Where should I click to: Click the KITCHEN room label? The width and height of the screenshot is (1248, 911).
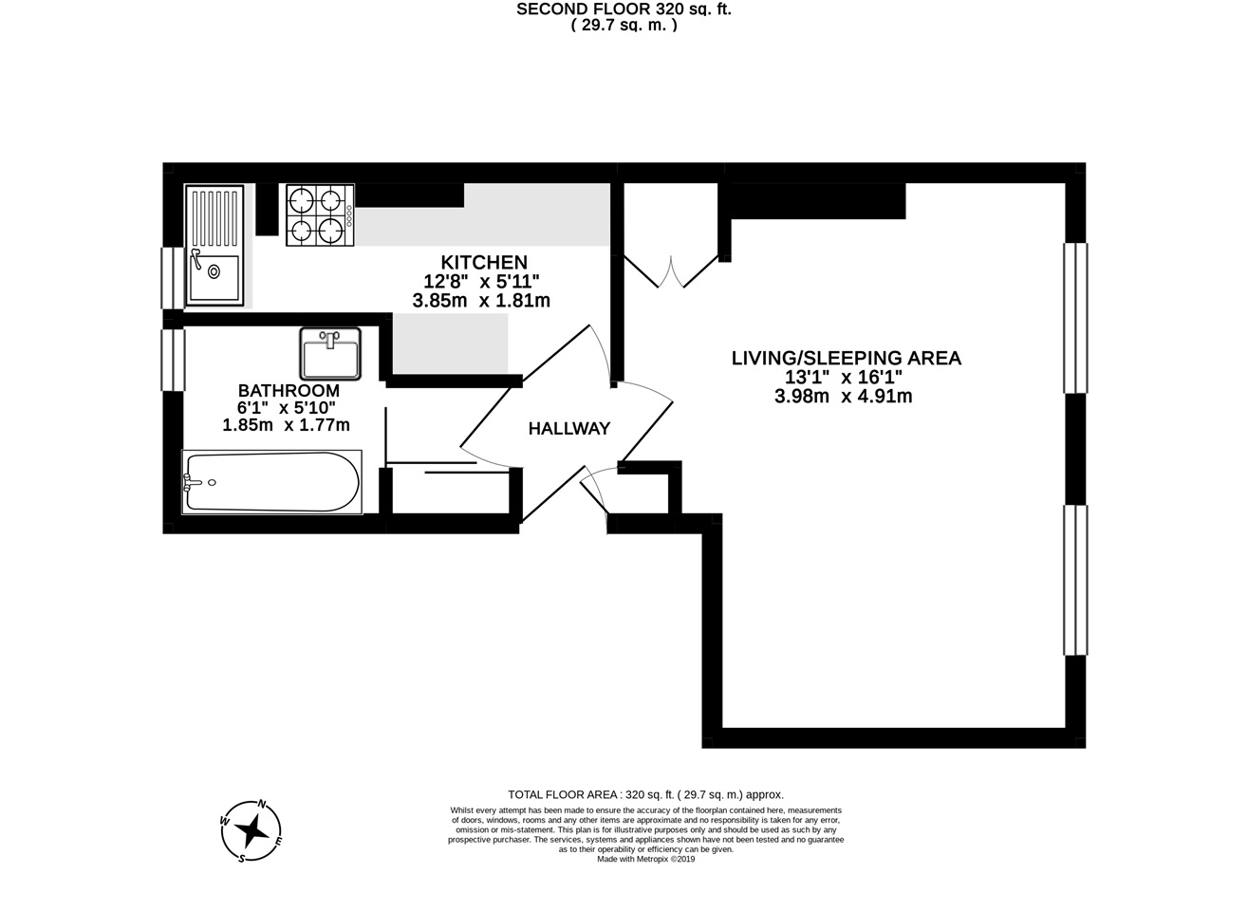click(x=483, y=262)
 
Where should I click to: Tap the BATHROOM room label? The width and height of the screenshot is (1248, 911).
click(x=289, y=390)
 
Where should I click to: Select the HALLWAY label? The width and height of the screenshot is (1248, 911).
click(x=568, y=429)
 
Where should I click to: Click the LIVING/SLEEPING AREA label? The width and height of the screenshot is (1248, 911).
click(x=846, y=358)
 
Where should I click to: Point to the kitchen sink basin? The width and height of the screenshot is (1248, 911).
click(x=214, y=272)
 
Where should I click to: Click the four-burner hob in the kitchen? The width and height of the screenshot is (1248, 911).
click(x=317, y=214)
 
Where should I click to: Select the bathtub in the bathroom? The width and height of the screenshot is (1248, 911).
click(x=272, y=482)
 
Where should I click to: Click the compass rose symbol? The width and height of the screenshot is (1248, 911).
click(x=252, y=831)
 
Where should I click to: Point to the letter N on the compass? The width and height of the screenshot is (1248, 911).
click(x=262, y=803)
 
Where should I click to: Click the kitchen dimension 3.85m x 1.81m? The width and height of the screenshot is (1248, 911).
click(x=481, y=301)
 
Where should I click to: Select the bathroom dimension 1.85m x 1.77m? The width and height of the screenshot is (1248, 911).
click(x=286, y=425)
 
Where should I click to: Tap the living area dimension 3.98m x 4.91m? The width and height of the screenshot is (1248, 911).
click(x=843, y=397)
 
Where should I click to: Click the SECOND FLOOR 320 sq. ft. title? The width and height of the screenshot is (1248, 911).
click(x=624, y=9)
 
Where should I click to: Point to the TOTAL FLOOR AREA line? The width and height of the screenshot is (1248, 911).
click(x=645, y=795)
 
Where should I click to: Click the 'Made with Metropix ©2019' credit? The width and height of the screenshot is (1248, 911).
click(x=645, y=860)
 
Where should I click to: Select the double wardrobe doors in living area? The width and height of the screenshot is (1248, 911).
click(x=670, y=270)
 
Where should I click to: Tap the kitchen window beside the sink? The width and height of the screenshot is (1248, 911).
click(x=172, y=277)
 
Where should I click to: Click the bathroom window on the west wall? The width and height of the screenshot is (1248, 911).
click(x=172, y=360)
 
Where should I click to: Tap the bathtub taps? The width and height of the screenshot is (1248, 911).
click(x=196, y=482)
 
